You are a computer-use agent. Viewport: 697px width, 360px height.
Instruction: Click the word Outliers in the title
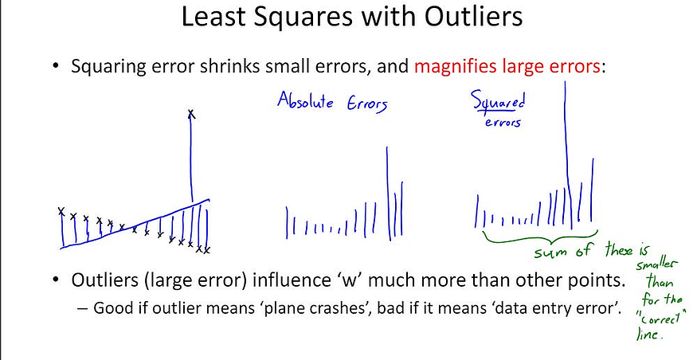[473, 17]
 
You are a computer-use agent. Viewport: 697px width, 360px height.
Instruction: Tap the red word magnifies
[455, 67]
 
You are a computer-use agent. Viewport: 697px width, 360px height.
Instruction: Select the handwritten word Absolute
[305, 100]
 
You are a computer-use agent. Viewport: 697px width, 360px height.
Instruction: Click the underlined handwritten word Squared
[499, 101]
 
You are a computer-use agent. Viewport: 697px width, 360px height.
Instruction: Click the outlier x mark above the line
[191, 115]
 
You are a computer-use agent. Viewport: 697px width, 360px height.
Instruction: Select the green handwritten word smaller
[655, 265]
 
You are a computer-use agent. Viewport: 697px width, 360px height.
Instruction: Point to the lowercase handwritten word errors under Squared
[503, 122]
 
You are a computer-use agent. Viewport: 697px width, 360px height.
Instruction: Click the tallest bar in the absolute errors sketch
[389, 194]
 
